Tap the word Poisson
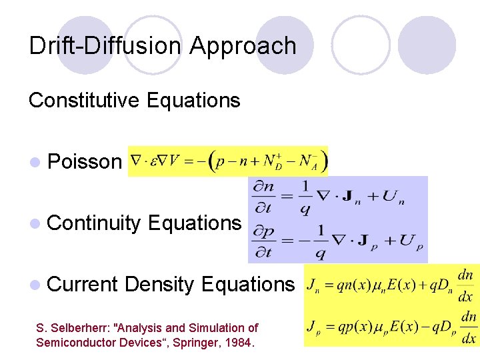click(85, 162)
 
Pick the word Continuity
click(95, 223)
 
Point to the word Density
click(159, 284)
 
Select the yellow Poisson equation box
click(227, 161)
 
